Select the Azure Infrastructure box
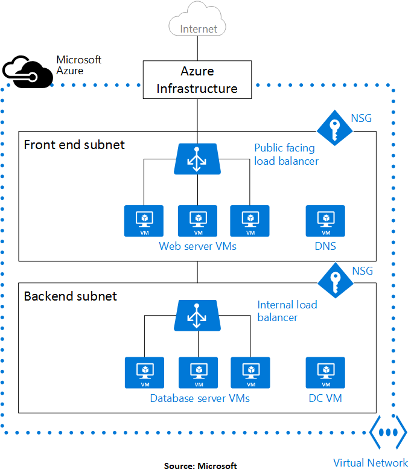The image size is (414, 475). pyautogui.click(x=197, y=80)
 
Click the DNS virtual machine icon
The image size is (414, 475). pyautogui.click(x=325, y=221)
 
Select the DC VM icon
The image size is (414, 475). pyautogui.click(x=325, y=372)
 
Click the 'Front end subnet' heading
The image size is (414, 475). pyautogui.click(x=74, y=145)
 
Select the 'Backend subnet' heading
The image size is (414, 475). pyautogui.click(x=71, y=296)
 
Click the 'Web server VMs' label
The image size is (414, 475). pyautogui.click(x=197, y=246)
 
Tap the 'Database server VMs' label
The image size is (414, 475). pyautogui.click(x=200, y=398)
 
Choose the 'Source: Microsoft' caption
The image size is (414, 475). pyautogui.click(x=200, y=466)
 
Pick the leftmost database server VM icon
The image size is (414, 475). pyautogui.click(x=145, y=372)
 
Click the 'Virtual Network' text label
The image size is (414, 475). pyautogui.click(x=371, y=463)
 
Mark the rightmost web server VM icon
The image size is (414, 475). pyautogui.click(x=249, y=221)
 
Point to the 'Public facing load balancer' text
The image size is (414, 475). pyautogui.click(x=286, y=155)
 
